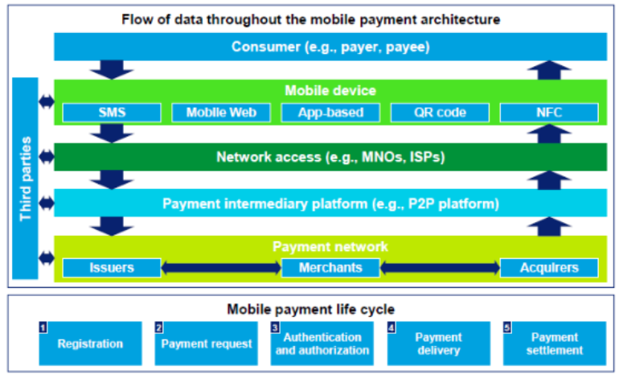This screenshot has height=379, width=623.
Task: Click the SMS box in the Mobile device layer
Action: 112,113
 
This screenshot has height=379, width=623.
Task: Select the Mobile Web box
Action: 221,113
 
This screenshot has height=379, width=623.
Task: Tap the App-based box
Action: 330,113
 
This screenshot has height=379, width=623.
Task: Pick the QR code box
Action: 440,113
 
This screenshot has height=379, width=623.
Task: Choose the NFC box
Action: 549,113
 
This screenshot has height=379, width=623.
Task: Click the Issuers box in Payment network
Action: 112,268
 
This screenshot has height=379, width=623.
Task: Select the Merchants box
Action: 330,268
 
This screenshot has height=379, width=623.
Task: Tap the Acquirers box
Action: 549,268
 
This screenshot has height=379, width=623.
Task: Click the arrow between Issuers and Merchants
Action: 221,268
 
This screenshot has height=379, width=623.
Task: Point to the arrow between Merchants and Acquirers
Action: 440,268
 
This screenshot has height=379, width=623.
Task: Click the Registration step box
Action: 90,344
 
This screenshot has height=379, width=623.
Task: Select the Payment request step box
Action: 207,344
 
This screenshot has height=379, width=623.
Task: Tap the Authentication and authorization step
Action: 322,344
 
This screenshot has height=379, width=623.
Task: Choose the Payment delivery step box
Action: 439,344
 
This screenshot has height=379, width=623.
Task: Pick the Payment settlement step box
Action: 555,344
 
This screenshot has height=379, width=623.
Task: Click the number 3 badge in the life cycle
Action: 275,328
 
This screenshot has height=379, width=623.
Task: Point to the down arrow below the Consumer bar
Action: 112,69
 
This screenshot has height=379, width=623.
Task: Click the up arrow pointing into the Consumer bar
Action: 549,70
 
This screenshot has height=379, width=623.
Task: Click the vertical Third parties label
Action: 26,179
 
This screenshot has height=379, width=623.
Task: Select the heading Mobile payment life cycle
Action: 311,309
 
